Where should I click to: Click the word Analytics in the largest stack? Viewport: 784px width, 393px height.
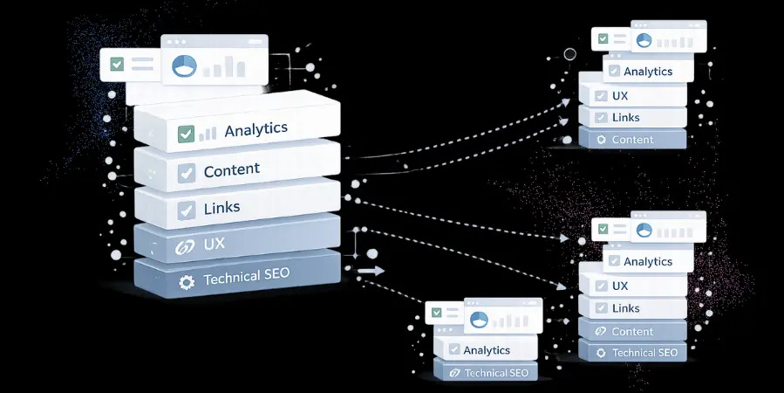[256, 129]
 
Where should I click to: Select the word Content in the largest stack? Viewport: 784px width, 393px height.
[232, 171]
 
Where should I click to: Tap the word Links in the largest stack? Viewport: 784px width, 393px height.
[222, 208]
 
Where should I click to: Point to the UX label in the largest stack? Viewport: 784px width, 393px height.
[215, 245]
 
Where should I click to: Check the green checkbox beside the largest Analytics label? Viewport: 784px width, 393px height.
[186, 134]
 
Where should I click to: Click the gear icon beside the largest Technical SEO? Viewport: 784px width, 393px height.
[186, 282]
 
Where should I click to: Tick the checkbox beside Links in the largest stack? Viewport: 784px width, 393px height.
[186, 210]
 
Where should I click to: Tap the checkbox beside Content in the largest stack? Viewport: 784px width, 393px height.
[186, 174]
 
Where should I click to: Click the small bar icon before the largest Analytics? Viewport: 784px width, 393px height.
[208, 133]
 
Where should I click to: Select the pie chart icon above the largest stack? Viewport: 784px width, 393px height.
[183, 66]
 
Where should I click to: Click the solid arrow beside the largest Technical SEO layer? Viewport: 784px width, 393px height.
[370, 271]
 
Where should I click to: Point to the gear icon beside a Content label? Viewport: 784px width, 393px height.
[599, 140]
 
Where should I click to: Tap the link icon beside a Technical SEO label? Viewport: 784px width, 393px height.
[453, 373]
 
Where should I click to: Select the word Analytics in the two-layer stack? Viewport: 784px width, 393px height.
[487, 350]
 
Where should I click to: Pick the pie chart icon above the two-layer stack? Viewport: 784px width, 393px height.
[477, 321]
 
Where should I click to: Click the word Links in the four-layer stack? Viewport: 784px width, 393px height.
[626, 118]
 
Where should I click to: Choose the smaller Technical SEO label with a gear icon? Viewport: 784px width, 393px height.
[644, 353]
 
